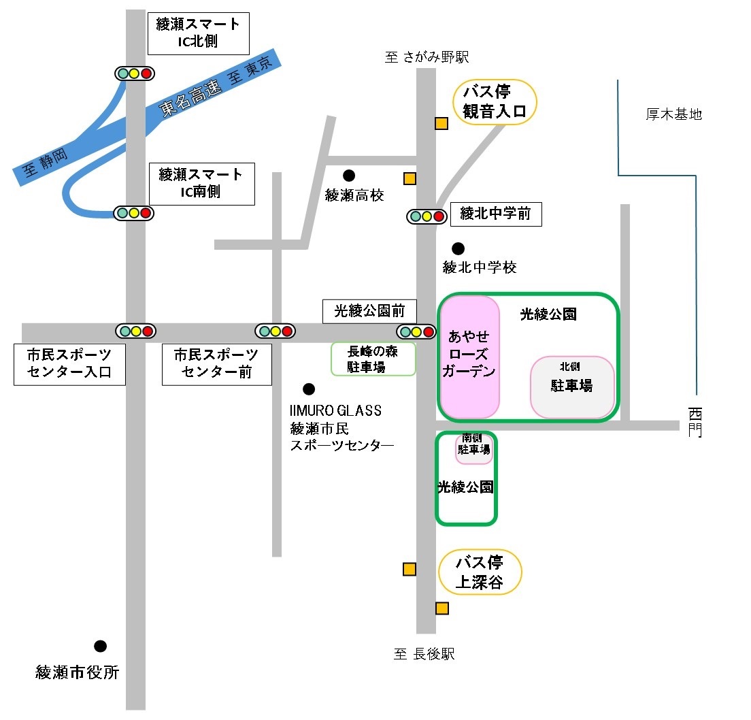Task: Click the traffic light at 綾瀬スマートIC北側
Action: tap(135, 73)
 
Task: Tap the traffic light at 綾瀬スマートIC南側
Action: tap(133, 213)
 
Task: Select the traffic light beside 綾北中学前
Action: tap(427, 216)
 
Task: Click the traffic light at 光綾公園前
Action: tap(416, 331)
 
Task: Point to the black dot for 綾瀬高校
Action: tap(349, 176)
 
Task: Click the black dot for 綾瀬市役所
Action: tap(100, 647)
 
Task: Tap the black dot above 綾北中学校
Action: tap(458, 248)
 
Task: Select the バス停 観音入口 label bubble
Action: tap(495, 102)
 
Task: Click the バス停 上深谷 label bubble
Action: tap(480, 572)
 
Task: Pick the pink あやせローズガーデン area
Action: tap(470, 357)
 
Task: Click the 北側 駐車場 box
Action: tap(572, 387)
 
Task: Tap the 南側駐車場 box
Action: tap(473, 448)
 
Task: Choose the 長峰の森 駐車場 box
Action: tap(373, 359)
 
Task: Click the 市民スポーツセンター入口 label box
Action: tap(69, 364)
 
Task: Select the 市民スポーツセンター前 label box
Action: tap(216, 364)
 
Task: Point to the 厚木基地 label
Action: tap(674, 114)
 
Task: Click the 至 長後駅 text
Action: tap(424, 654)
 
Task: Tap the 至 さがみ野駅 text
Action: tap(427, 57)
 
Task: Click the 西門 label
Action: tap(695, 422)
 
